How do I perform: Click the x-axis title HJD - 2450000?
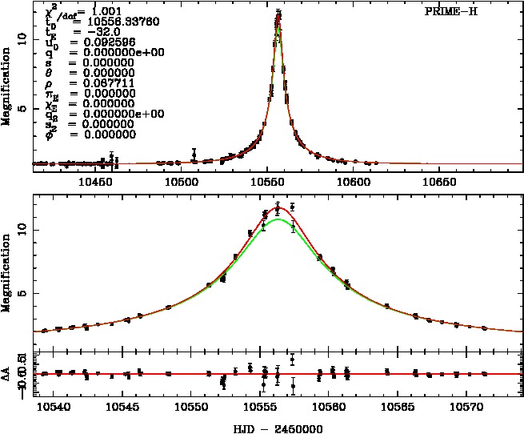pyautogui.click(x=278, y=428)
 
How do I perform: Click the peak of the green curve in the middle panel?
pyautogui.click(x=277, y=219)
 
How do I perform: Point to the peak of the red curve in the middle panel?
pyautogui.click(x=278, y=207)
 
